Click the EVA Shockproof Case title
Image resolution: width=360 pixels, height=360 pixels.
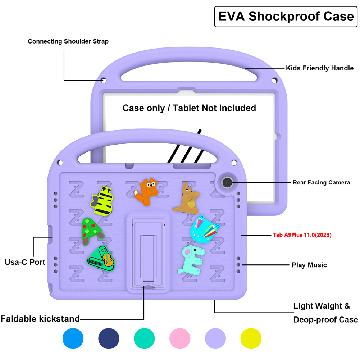coord(286,17)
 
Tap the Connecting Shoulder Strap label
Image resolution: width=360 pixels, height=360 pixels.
coord(68,41)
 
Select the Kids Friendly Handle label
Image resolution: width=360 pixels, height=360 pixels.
coord(319,68)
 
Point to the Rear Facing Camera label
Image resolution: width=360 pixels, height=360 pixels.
coord(321,183)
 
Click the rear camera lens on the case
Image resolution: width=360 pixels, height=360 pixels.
coord(227,183)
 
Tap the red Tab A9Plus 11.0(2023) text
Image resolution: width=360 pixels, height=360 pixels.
coord(302,235)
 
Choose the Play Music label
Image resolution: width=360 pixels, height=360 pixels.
coord(309,265)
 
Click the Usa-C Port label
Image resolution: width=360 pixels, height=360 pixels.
coord(25,262)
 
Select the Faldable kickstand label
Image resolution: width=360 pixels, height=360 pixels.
coord(40,319)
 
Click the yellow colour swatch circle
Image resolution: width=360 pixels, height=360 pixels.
coord(251,339)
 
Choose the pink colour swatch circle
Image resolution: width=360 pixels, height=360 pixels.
coord(180,339)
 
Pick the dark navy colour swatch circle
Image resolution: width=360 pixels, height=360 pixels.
coord(109,339)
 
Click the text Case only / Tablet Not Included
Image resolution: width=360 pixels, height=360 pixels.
coord(189,108)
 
